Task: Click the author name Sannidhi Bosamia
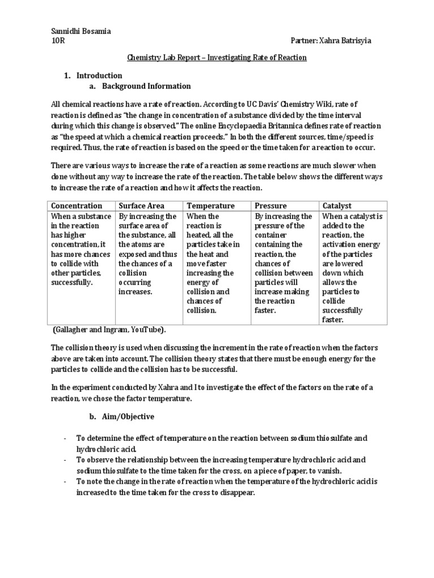click(x=81, y=32)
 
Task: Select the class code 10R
click(x=58, y=41)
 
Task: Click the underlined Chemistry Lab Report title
click(x=216, y=58)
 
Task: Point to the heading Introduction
click(x=99, y=76)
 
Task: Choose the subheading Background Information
click(x=146, y=86)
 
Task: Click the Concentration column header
click(x=77, y=206)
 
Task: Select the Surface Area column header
click(x=140, y=206)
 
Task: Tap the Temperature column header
click(x=211, y=206)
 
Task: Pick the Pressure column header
click(x=271, y=206)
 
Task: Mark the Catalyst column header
click(x=337, y=206)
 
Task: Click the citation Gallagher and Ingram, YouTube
click(x=110, y=330)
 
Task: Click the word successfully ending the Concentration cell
click(x=71, y=282)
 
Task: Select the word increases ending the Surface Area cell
click(x=136, y=292)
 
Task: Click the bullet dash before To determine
click(x=66, y=439)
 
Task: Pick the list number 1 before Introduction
click(x=67, y=76)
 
